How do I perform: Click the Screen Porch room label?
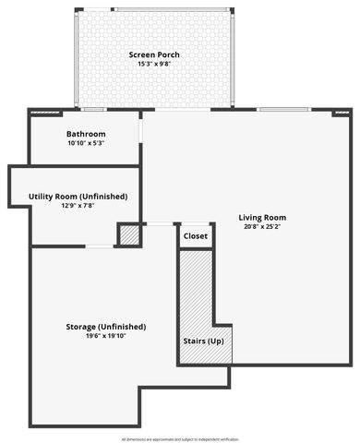click(x=153, y=55)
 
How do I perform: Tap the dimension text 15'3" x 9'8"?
click(x=153, y=65)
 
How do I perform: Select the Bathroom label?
click(x=86, y=134)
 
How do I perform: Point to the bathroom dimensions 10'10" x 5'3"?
click(x=86, y=143)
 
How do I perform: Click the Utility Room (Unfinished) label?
click(x=78, y=197)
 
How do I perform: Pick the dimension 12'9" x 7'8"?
click(x=78, y=206)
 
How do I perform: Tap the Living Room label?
click(x=262, y=218)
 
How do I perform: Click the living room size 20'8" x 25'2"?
click(x=262, y=227)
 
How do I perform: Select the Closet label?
click(x=196, y=236)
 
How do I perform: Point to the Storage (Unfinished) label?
click(x=106, y=327)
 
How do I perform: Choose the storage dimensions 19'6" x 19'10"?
click(x=106, y=337)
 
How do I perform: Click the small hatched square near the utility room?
click(x=130, y=235)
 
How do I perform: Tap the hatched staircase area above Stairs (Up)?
click(x=195, y=291)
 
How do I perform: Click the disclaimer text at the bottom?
click(x=179, y=439)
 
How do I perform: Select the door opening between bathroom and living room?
click(x=140, y=129)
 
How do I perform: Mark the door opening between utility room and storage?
click(x=100, y=245)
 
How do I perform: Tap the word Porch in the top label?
click(x=168, y=55)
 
